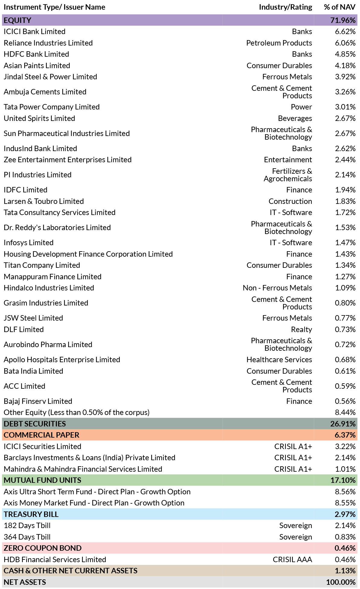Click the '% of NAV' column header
pos(339,7)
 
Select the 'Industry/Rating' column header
pos(286,7)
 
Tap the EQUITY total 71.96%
pos(343,20)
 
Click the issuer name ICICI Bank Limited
pos(35,32)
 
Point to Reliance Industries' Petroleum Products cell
pos(279,43)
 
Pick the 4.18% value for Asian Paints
pos(346,65)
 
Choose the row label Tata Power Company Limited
pos(52,107)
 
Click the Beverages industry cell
pos(295,118)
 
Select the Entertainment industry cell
pos(288,160)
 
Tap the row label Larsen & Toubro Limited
pos(44,201)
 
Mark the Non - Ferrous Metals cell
pos(277,288)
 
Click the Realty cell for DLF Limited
pos(302,330)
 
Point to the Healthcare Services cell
pos(279,359)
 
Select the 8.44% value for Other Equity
pos(346,412)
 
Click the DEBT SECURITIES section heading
pos(35,424)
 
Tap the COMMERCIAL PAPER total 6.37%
pos(345,435)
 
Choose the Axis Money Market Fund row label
pos(94,503)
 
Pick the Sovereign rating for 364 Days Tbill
pos(296,537)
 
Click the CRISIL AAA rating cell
pos(292,559)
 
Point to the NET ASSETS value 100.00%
pos(341,582)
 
